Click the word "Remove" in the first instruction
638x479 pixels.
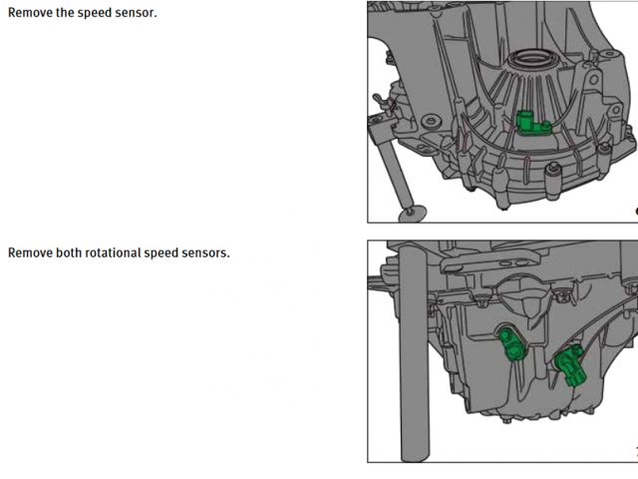point(31,13)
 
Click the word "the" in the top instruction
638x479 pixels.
point(65,13)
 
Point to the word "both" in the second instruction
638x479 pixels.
point(69,252)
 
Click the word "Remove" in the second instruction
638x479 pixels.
point(31,252)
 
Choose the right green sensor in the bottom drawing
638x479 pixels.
point(570,365)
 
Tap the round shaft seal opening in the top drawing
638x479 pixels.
point(531,58)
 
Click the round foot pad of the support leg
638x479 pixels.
point(412,213)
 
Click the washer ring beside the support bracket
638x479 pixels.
point(432,121)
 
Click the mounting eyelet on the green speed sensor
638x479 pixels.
point(546,126)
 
